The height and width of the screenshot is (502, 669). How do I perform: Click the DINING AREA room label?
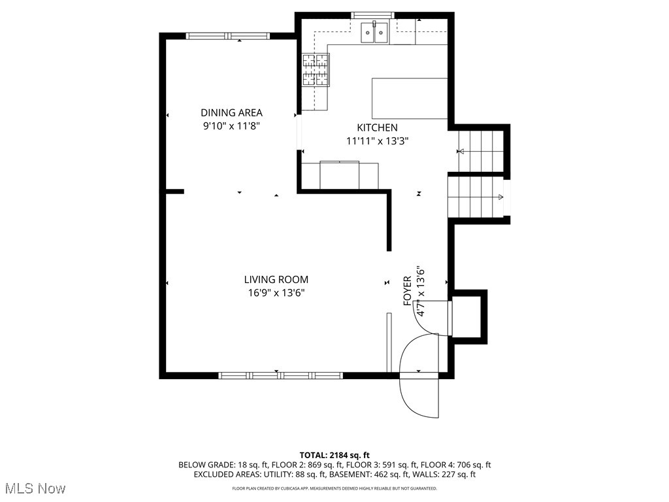(x=231, y=112)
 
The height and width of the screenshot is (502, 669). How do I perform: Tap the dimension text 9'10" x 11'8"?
(x=231, y=126)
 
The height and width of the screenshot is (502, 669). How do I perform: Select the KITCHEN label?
(x=376, y=127)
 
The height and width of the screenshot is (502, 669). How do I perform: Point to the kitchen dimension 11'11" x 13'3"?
(x=376, y=141)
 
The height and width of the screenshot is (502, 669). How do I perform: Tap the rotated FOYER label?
(x=408, y=291)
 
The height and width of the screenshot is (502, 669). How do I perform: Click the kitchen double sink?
(x=375, y=33)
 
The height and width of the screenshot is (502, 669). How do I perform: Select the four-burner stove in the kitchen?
(x=315, y=70)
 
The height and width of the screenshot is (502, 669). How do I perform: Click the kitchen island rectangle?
(x=410, y=98)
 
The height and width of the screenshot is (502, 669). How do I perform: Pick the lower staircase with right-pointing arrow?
(x=475, y=197)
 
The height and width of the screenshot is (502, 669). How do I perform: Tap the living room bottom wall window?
(x=280, y=375)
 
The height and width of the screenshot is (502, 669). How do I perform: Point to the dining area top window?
(x=227, y=36)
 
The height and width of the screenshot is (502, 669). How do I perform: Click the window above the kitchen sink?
(x=373, y=15)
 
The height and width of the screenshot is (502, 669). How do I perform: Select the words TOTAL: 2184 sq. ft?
(x=334, y=455)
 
